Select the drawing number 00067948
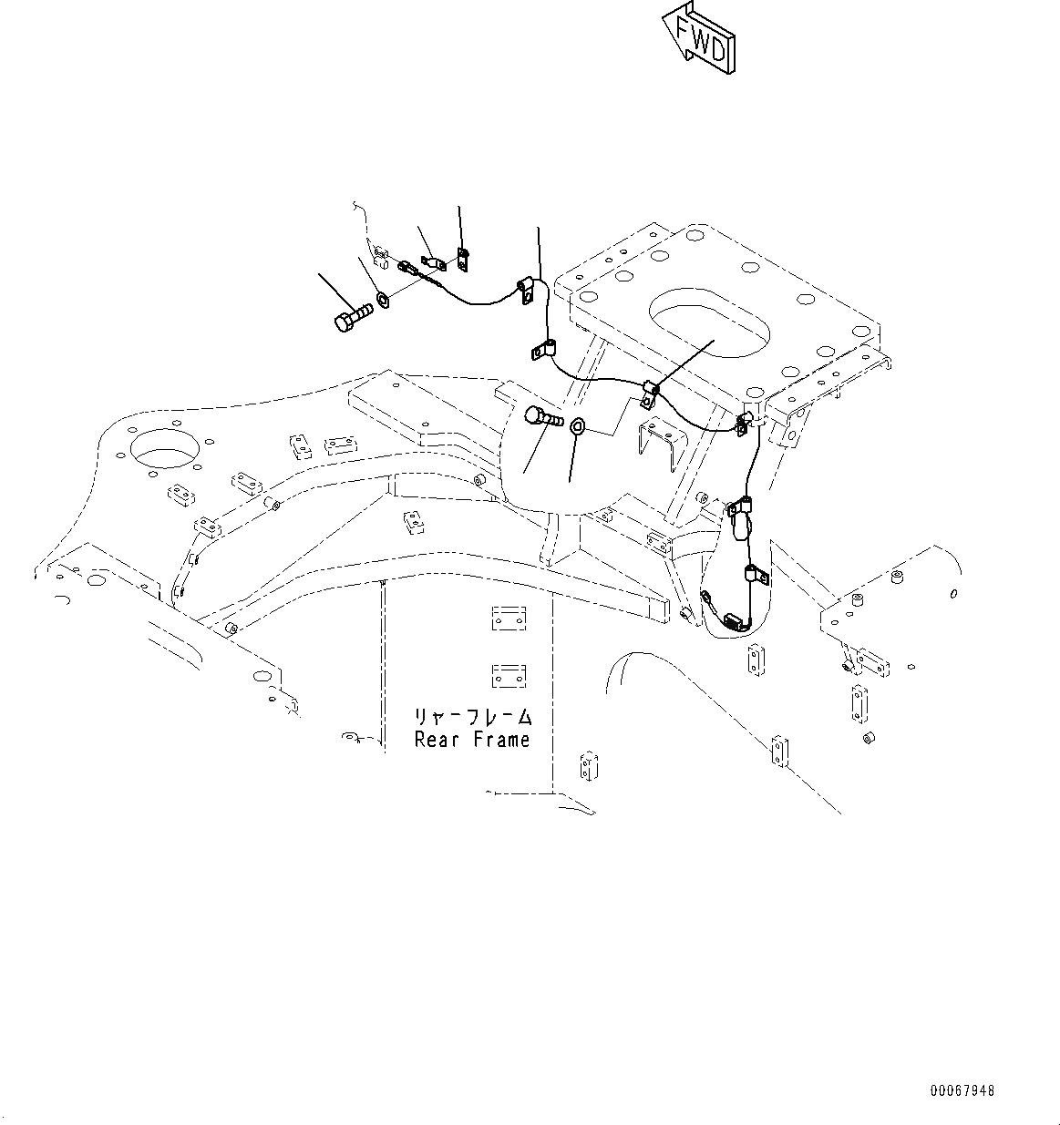click(962, 1090)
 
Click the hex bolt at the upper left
click(350, 318)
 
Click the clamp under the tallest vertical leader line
click(527, 290)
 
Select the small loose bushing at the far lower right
click(867, 736)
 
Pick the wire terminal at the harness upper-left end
click(407, 269)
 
